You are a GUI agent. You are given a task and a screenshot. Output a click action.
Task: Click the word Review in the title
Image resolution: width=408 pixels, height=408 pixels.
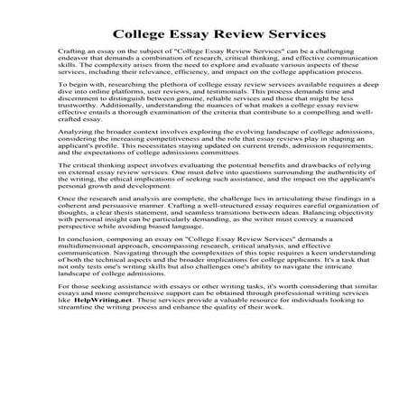(x=225, y=35)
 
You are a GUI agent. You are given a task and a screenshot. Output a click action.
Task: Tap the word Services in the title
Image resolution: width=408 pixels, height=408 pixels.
(x=286, y=35)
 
